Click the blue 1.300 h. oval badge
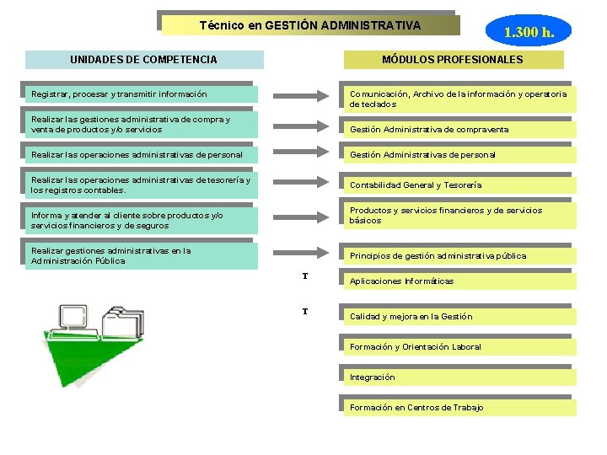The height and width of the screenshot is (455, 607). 529,33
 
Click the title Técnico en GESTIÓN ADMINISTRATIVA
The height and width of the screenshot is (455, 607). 310,25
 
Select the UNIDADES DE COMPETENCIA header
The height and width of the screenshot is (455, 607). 143,60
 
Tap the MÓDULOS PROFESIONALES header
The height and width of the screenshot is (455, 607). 453,60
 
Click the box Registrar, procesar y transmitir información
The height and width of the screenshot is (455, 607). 142,94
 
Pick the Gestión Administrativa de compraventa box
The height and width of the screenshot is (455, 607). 459,130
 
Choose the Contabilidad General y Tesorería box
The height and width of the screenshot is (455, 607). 459,185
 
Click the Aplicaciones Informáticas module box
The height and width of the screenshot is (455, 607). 459,281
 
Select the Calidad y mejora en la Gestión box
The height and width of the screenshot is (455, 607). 459,316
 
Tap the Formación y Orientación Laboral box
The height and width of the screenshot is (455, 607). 459,346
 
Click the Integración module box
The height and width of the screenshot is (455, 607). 459,377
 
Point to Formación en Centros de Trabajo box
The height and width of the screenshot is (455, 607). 459,407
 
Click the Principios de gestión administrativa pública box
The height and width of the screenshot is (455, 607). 459,255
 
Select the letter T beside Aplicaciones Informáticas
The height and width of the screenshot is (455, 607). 304,276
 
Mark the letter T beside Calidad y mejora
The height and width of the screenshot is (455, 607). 304,312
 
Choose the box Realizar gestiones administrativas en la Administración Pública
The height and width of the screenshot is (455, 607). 142,255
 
